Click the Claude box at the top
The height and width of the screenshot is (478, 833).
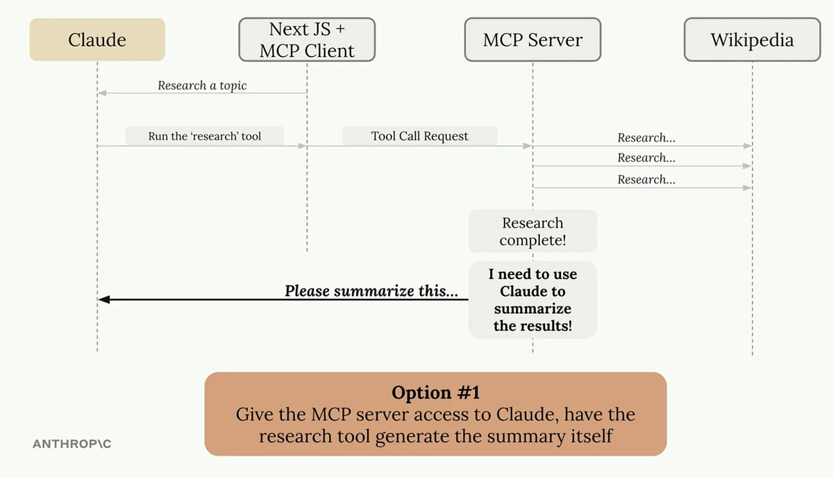pos(97,40)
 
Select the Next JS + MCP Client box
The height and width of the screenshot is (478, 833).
pos(307,40)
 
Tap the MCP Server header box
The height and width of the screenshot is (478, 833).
pos(532,40)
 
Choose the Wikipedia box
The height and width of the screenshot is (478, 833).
pos(752,40)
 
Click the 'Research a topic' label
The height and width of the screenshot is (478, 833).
pos(202,85)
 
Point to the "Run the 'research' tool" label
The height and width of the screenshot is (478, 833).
pos(205,136)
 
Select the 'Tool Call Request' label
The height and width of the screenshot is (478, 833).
pos(419,136)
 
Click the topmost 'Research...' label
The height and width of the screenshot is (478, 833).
pos(646,138)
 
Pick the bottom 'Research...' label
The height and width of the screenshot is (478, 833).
pos(646,179)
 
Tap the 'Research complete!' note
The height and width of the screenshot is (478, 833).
pos(532,231)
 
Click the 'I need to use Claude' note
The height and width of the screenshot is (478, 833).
pos(532,299)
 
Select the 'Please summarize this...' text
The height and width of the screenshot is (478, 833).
pos(371,291)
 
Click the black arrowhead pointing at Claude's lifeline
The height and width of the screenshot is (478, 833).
pos(103,299)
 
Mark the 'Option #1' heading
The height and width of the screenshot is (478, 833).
pos(435,393)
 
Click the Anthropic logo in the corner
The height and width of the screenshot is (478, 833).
pos(71,443)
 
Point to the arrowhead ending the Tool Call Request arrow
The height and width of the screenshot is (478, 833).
pos(528,146)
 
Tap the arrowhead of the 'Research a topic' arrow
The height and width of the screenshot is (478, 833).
pos(102,93)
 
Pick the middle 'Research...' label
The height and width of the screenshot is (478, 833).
pos(646,158)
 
